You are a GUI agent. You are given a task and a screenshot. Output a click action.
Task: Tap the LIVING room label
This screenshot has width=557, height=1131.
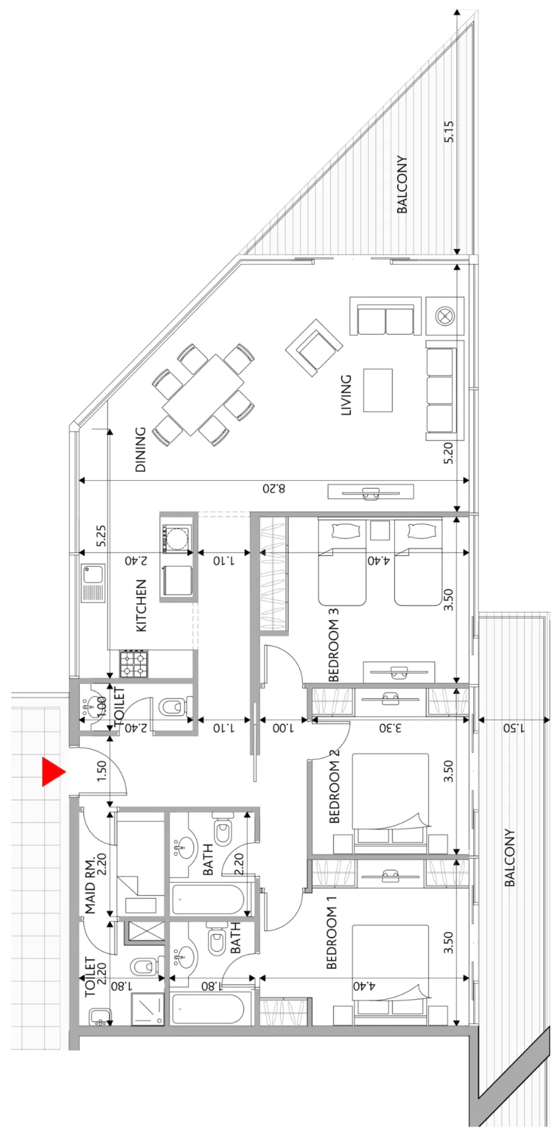point(346,395)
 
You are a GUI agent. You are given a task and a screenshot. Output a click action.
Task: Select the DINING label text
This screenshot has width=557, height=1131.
point(140,449)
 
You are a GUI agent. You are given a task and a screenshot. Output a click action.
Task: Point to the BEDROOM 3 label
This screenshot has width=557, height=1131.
point(333,644)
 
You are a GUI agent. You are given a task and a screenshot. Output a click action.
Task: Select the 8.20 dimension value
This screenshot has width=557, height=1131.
point(274,488)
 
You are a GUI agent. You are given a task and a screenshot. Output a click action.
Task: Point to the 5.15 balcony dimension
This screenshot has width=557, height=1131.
point(448,131)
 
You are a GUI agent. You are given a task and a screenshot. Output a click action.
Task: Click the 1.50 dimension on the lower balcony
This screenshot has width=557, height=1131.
point(514,728)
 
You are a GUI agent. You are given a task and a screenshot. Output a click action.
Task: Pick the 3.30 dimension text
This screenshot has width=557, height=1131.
point(390,728)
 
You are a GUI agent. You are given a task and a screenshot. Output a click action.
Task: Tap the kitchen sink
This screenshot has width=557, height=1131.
point(93,583)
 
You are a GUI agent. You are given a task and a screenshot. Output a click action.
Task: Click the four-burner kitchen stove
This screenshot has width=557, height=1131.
point(135,664)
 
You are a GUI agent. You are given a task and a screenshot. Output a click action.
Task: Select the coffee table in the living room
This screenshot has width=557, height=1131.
point(378,390)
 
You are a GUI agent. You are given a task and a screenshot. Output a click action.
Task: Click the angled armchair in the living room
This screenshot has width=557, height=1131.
point(314,347)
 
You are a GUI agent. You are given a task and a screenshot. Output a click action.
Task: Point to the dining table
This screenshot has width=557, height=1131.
point(203,395)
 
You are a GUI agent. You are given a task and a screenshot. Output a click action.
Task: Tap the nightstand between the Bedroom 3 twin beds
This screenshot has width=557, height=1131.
point(380,530)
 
